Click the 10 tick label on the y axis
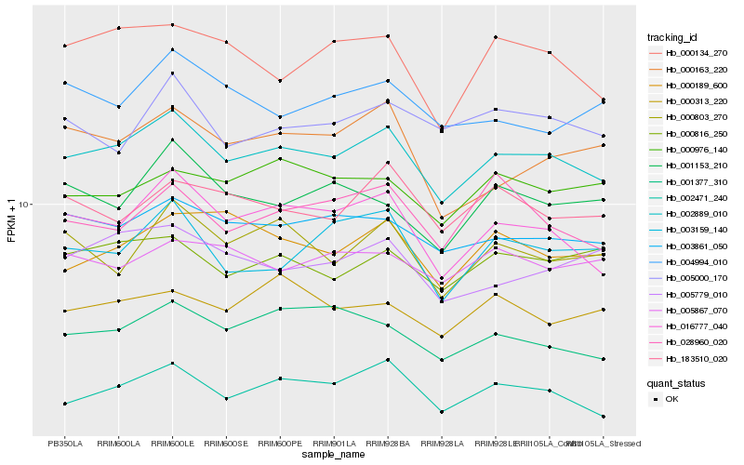(26, 204)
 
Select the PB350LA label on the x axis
(64, 443)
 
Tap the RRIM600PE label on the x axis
(280, 443)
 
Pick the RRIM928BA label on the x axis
(388, 443)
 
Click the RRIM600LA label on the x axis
(118, 443)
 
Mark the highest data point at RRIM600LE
(172, 25)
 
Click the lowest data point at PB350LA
(64, 404)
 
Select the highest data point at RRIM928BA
(388, 36)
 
